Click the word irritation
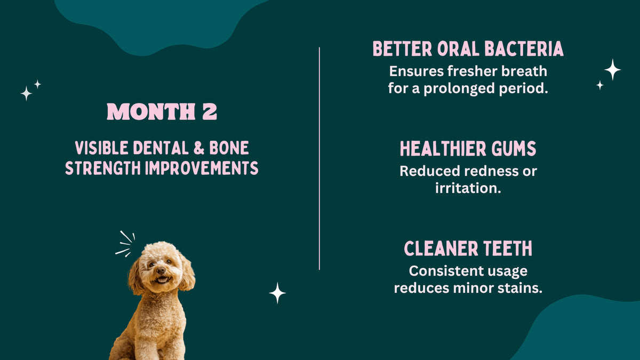point(468,188)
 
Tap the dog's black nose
point(161,271)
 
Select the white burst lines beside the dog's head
point(125,244)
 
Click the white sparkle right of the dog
point(277,293)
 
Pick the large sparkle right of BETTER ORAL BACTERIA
point(612,69)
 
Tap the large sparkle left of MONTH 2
point(26,93)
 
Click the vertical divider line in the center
point(319,160)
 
